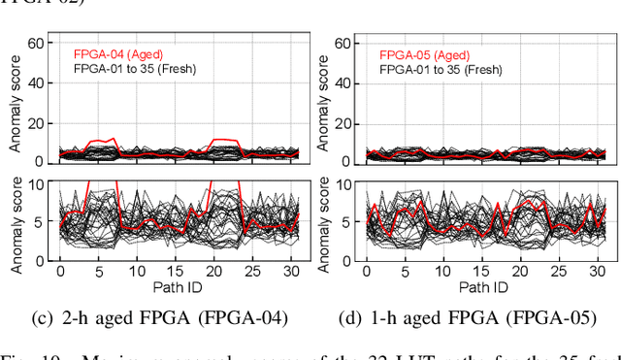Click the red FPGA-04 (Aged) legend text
coord(121,55)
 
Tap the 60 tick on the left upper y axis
coord(38,43)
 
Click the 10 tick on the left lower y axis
coord(38,182)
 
